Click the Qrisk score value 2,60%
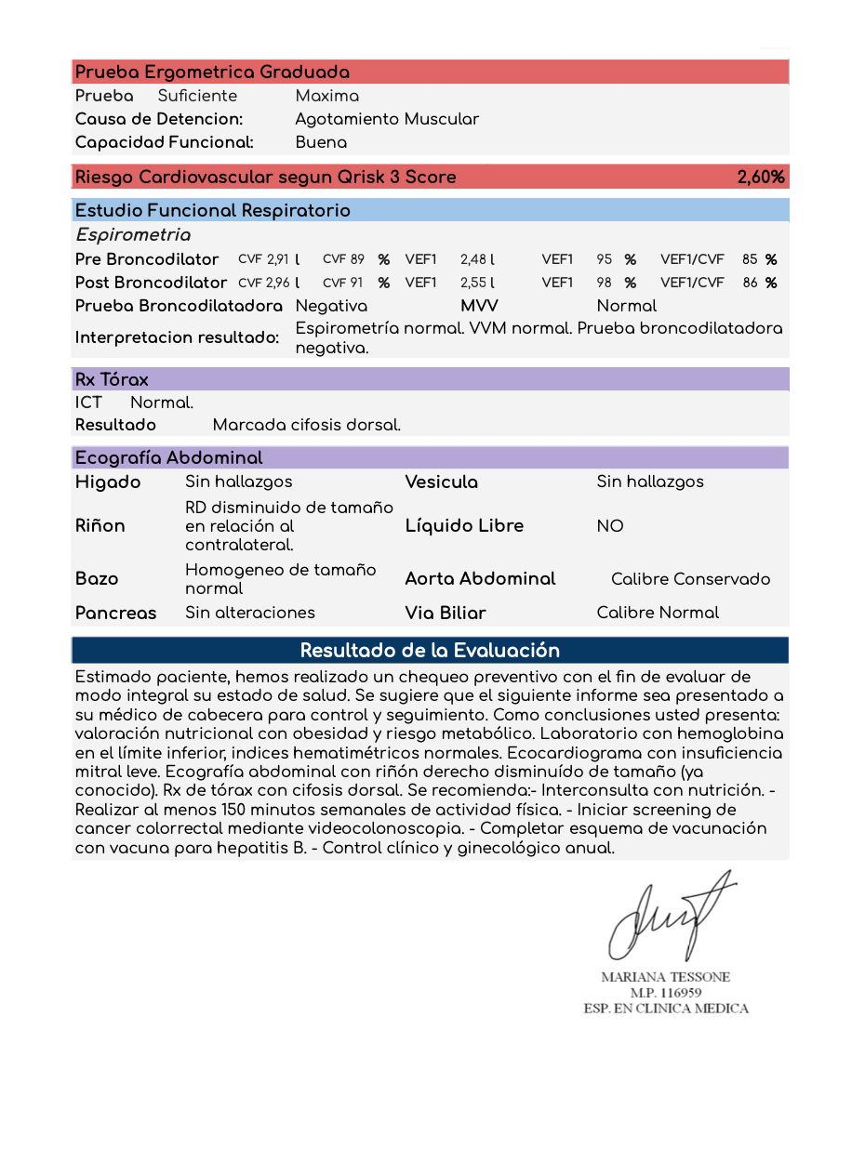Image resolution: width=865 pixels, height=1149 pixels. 760,177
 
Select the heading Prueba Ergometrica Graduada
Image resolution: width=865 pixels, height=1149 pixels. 212,73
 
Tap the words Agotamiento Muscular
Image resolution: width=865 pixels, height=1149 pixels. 387,119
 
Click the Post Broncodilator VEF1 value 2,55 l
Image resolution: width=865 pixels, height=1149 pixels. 477,283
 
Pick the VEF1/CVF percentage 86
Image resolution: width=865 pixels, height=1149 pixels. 750,283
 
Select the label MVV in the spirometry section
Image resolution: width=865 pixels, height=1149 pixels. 479,306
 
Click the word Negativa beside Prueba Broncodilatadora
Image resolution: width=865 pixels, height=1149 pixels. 331,306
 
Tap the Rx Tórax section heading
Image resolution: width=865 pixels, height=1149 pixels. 112,379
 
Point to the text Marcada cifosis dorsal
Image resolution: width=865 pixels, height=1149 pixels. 307,425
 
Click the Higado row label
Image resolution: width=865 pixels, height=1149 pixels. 108,482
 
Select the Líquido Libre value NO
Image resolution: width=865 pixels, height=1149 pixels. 610,526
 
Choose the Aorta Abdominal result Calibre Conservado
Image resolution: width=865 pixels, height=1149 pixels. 690,579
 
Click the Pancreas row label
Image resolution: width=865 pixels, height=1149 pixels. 115,613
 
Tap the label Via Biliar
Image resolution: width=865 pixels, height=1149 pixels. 446,613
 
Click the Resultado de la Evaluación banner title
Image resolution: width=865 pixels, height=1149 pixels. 430,650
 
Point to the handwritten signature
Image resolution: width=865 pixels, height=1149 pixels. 665,916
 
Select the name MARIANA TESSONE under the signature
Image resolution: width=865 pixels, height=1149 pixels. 665,977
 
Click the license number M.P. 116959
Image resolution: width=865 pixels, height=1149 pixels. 665,993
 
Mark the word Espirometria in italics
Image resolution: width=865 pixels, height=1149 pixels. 133,235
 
